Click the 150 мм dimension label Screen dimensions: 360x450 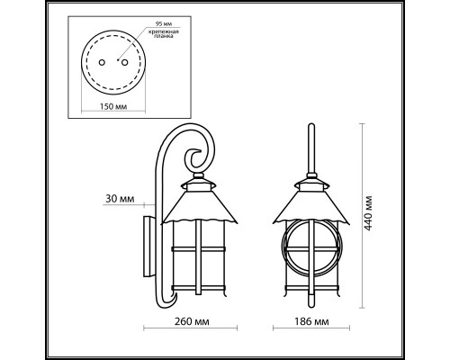pyautogui.click(x=112, y=104)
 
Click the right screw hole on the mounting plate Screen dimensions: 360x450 pyautogui.click(x=122, y=61)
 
